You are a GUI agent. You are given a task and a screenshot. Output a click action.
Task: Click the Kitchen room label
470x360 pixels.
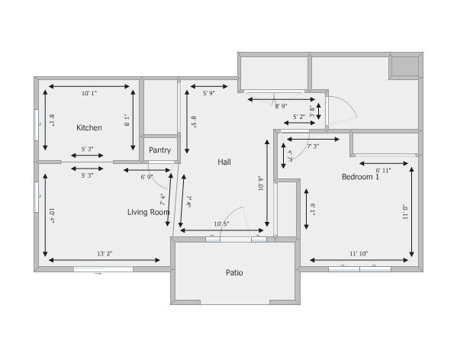tap(89, 127)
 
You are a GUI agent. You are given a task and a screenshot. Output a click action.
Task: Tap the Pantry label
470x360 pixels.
tap(159, 150)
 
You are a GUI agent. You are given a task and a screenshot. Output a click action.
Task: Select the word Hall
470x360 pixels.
tap(224, 162)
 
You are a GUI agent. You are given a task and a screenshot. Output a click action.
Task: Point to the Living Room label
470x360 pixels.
tap(148, 212)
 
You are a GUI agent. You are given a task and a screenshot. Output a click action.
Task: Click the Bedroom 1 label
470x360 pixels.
tap(360, 177)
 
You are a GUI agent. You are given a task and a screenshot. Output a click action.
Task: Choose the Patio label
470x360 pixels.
tap(234, 272)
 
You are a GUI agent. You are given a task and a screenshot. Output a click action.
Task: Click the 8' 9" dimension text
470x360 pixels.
tap(282, 107)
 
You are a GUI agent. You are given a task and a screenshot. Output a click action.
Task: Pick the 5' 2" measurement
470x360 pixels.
tap(300, 117)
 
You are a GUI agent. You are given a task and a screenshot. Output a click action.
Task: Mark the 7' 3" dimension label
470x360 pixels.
tap(313, 146)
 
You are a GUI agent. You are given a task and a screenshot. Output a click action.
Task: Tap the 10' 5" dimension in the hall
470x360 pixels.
tap(222, 223)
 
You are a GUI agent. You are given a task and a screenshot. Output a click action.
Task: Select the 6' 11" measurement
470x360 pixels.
tap(383, 170)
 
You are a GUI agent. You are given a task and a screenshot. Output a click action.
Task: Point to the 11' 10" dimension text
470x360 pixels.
tap(359, 253)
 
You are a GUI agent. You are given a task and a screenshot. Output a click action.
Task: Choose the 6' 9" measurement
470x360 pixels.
tap(147, 176)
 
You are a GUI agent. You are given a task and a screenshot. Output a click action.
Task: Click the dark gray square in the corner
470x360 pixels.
tap(404, 66)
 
